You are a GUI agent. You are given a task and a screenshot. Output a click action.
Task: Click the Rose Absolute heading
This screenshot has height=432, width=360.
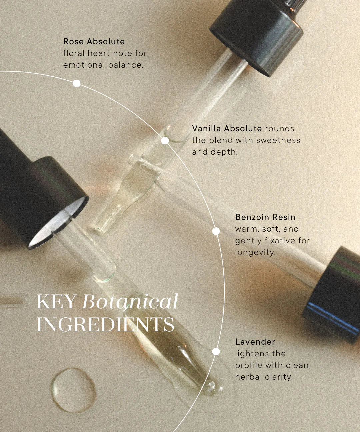(x=94, y=42)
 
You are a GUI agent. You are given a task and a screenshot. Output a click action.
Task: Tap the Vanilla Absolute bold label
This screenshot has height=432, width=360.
(x=227, y=129)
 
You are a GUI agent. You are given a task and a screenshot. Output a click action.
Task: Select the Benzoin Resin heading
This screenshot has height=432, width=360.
(x=265, y=217)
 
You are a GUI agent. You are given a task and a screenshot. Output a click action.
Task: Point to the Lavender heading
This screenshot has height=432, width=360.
(x=255, y=342)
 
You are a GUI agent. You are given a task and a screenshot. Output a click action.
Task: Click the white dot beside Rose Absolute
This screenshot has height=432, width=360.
(x=77, y=83)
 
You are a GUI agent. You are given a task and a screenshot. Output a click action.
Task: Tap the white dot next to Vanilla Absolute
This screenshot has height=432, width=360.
(x=165, y=141)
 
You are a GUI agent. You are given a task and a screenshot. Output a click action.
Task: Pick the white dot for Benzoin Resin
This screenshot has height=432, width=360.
(x=216, y=231)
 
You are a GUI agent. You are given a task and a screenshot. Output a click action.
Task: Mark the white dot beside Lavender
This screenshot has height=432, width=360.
(x=216, y=351)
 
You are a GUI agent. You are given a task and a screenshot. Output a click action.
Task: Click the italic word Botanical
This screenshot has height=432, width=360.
(x=130, y=302)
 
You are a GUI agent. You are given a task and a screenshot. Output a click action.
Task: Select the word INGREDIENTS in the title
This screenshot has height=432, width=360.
(x=105, y=324)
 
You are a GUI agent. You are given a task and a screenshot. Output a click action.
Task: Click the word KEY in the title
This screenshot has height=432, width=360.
(x=56, y=302)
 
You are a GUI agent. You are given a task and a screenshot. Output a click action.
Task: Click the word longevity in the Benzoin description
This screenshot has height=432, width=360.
(x=255, y=252)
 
